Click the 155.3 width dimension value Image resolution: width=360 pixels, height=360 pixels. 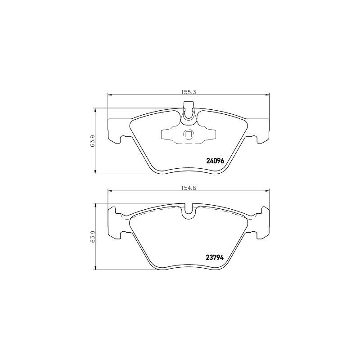point(189,91)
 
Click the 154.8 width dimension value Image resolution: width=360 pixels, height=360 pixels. point(189,188)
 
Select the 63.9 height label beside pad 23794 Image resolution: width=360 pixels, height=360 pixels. point(92,237)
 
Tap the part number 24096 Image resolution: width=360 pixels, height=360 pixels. point(215,161)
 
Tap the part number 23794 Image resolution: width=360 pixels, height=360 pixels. point(215,257)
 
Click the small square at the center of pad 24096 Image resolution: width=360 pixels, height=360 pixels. point(188,134)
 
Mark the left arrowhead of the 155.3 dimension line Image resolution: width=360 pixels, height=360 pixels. point(109,94)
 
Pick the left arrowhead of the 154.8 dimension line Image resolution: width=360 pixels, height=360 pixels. point(109,191)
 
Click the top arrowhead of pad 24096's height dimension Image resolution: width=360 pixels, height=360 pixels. point(95,109)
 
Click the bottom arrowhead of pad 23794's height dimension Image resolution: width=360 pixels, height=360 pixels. point(95,268)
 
